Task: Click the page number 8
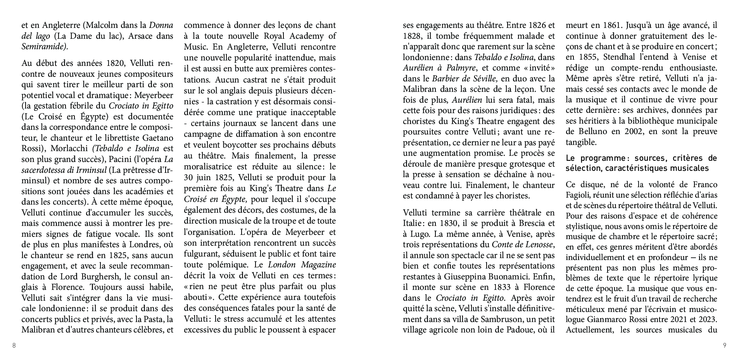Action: tap(14, 346)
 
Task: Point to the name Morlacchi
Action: tap(70, 148)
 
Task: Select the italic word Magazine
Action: tap(317, 265)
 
